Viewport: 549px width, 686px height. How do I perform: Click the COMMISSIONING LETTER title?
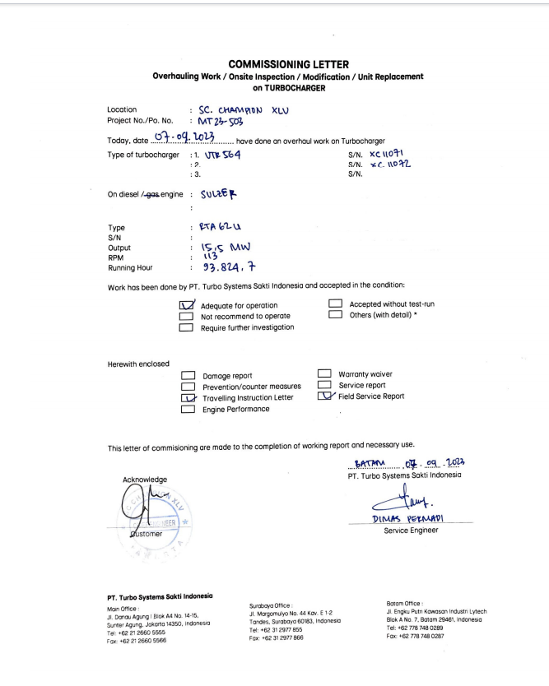click(288, 64)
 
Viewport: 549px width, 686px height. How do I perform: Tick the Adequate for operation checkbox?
click(186, 305)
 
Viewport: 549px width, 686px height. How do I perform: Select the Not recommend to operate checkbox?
click(186, 316)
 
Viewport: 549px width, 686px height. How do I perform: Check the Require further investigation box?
click(186, 327)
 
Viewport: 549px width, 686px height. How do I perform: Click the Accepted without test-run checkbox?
click(335, 304)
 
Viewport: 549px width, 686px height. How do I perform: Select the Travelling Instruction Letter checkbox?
click(188, 397)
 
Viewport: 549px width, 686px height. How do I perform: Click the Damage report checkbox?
click(188, 376)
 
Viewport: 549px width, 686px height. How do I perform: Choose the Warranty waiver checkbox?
click(324, 374)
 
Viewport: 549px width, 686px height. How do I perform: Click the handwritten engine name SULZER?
click(216, 194)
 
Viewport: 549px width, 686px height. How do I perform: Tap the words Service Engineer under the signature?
click(412, 531)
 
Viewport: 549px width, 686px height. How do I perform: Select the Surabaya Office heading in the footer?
click(271, 605)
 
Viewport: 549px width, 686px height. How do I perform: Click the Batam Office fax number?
click(415, 636)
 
